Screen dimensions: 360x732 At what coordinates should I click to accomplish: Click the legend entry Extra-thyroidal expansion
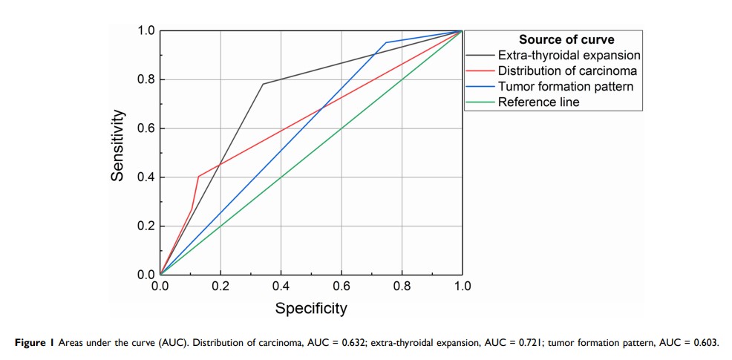(x=569, y=55)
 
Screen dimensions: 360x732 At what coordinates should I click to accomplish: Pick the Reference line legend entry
(x=538, y=102)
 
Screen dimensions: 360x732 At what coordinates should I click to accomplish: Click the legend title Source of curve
(x=566, y=39)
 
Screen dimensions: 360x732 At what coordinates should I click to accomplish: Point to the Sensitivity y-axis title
(x=117, y=145)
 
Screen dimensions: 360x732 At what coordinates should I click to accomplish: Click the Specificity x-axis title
(x=311, y=308)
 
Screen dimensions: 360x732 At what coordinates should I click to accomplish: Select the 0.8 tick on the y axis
(x=145, y=79)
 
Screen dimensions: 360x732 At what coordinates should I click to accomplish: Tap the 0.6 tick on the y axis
(x=145, y=128)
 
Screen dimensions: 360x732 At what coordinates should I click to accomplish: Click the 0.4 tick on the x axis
(x=281, y=286)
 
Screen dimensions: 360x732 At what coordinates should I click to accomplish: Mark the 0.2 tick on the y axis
(x=145, y=226)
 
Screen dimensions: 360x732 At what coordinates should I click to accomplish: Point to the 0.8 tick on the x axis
(x=402, y=286)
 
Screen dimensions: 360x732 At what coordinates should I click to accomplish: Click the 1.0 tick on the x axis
(x=462, y=286)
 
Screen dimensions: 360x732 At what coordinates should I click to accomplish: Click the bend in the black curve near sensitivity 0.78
(x=263, y=84)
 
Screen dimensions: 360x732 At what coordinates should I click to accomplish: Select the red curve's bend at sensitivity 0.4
(x=198, y=177)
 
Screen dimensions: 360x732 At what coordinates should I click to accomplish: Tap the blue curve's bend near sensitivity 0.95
(x=386, y=42)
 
